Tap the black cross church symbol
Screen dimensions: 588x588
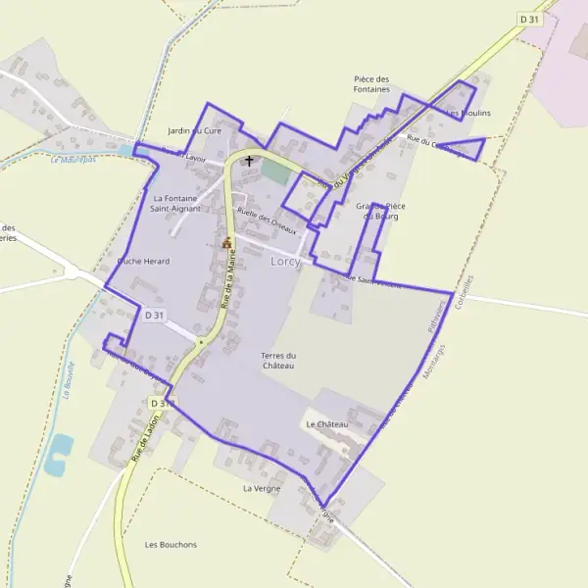point(249,162)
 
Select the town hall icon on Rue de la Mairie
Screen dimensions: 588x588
point(227,242)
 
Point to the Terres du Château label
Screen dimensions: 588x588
point(278,361)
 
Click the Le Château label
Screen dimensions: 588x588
point(326,423)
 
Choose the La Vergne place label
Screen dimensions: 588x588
point(262,488)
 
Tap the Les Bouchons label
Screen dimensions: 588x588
point(171,544)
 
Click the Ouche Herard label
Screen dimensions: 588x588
point(143,262)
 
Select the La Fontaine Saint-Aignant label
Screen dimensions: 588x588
point(176,203)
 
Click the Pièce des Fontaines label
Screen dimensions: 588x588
point(371,84)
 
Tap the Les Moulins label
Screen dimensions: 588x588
point(468,114)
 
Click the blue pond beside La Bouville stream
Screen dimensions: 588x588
point(59,454)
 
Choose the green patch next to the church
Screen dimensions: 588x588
point(275,170)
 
